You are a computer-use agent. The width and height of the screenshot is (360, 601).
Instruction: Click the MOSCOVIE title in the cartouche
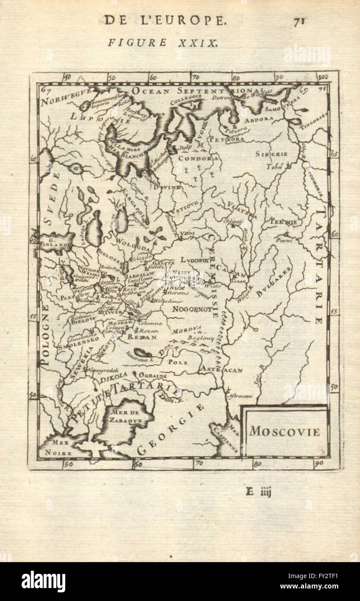click(284, 432)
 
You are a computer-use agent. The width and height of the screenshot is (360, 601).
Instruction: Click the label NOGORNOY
click(191, 310)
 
